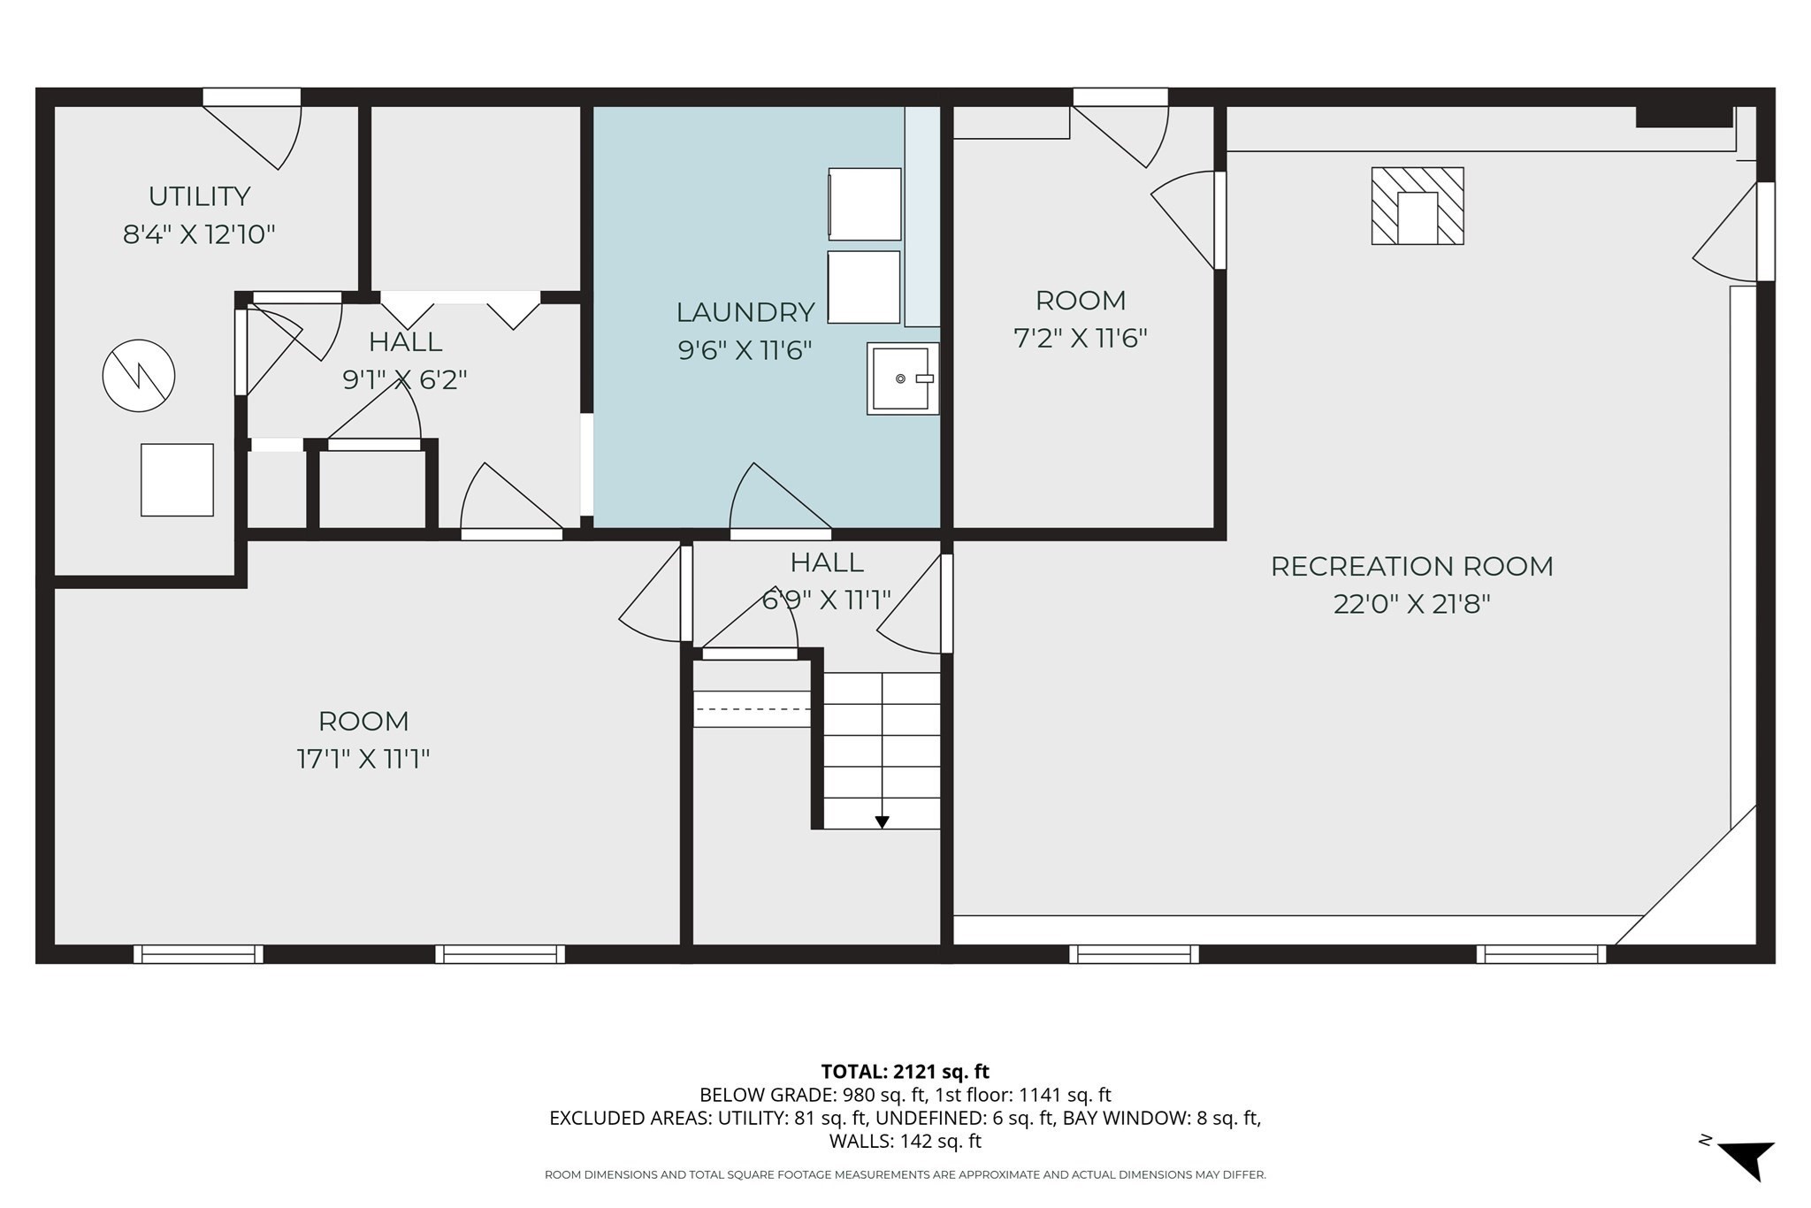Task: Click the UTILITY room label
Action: (199, 196)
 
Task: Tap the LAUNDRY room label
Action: (745, 312)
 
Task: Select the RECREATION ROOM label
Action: (1411, 566)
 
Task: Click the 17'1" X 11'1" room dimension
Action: (363, 759)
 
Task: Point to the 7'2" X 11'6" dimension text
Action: (1080, 338)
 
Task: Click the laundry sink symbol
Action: (902, 378)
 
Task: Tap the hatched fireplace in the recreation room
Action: (1417, 206)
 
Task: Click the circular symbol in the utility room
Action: (139, 376)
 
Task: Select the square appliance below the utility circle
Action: (177, 479)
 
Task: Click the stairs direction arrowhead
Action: (882, 822)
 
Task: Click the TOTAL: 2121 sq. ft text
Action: (905, 1072)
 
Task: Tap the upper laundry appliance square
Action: (864, 203)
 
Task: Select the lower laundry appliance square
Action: (863, 287)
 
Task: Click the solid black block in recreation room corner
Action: (1683, 117)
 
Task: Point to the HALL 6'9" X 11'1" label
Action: (826, 580)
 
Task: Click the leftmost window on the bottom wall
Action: (198, 953)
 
